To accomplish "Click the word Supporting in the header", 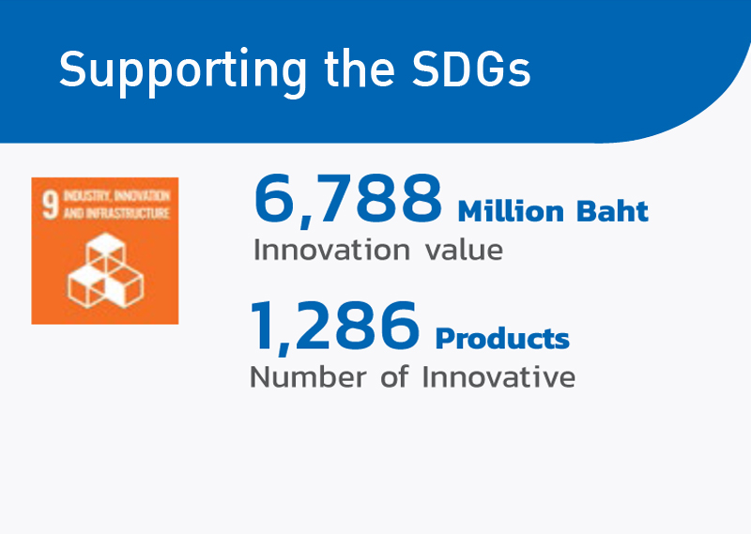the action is [x=182, y=72].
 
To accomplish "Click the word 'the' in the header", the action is [x=360, y=68].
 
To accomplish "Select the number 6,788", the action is [x=348, y=199].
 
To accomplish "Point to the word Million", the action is [x=511, y=211].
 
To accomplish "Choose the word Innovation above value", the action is [x=331, y=250].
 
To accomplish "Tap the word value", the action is [x=464, y=250].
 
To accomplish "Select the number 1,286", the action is [x=335, y=327].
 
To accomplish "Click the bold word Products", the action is [x=502, y=338].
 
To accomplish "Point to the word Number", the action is [x=309, y=376].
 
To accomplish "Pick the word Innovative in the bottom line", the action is [x=498, y=376].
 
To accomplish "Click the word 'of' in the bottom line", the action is [x=394, y=376].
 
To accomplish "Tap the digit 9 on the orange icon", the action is [x=51, y=205].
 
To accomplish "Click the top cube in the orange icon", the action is [x=106, y=249].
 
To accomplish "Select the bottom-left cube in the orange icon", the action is [x=86, y=286].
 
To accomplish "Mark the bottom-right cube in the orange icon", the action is [x=124, y=286].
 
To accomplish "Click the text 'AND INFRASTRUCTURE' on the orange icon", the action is [x=116, y=213].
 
